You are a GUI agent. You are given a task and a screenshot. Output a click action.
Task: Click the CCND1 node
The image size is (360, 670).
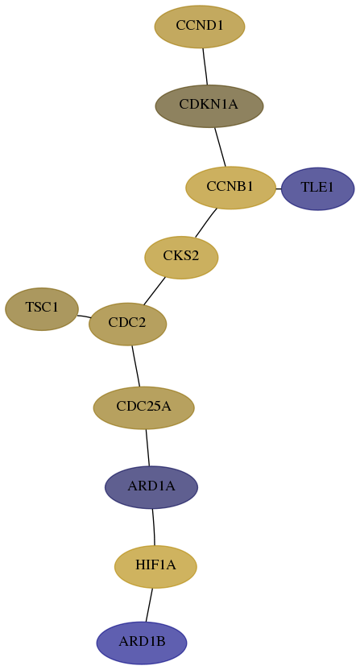point(200,27)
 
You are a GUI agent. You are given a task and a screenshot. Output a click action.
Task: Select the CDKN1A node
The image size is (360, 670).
point(209,106)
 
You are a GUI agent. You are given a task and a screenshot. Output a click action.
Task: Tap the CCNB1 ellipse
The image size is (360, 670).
point(230,188)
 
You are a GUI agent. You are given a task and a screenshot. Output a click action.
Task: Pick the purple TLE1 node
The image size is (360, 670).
point(317,188)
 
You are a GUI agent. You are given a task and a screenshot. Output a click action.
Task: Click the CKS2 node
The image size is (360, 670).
point(181,257)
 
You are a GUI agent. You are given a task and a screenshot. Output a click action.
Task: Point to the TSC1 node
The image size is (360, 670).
point(42,309)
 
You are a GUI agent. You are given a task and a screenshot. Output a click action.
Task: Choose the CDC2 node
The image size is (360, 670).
point(127,324)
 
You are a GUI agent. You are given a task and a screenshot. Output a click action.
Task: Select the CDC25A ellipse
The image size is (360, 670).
point(143,407)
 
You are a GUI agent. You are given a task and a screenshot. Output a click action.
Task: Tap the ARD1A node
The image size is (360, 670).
point(151,487)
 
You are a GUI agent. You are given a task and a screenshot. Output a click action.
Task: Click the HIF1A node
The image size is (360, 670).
point(155,567)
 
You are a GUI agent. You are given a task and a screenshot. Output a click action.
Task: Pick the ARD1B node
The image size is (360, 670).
point(142,643)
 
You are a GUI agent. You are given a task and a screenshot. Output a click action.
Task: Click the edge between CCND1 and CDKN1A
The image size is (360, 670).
point(205,66)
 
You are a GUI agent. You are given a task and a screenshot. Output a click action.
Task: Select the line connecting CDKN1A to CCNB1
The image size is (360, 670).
point(220,147)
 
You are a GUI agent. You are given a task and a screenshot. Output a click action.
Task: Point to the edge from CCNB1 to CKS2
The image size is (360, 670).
point(206,222)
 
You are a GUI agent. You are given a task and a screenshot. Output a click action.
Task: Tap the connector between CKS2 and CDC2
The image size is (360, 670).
point(155,291)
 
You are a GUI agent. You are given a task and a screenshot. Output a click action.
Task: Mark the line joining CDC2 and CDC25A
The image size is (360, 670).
point(136,366)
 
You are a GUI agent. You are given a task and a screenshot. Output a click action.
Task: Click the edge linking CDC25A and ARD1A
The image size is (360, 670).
point(148,448)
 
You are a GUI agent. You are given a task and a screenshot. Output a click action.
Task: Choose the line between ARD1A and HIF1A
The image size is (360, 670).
point(154,527)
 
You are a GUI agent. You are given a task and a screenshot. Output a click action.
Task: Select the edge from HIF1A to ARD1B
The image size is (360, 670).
point(149,605)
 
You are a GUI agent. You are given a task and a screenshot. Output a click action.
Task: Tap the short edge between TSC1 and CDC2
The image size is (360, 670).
point(84,316)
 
